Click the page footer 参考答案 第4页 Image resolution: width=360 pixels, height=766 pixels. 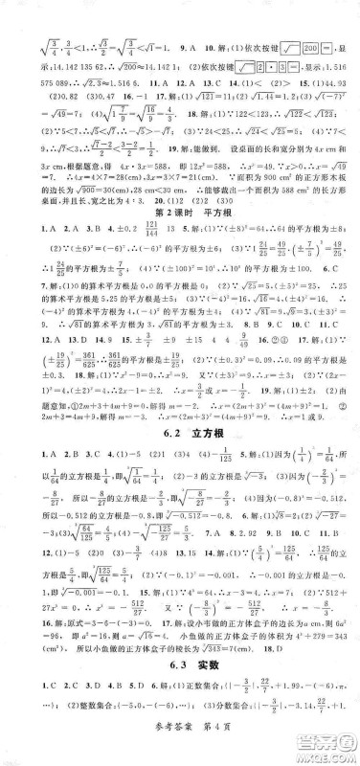pyautogui.click(x=179, y=754)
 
